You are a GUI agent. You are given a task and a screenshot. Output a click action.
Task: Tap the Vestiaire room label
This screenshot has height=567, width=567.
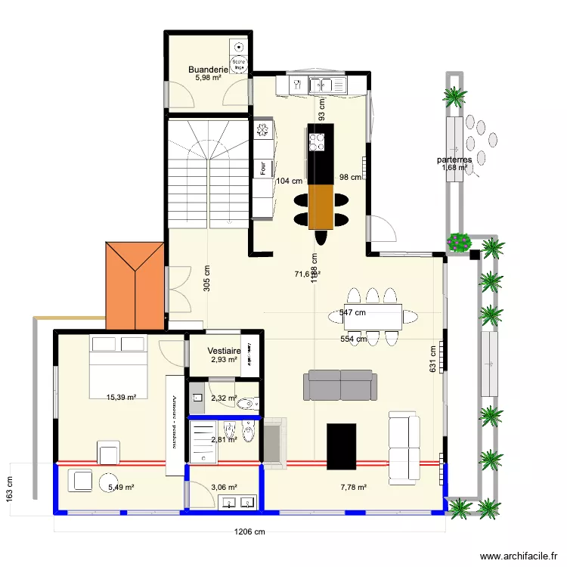(224, 352)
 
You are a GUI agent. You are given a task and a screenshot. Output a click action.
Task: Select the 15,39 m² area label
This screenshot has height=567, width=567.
(121, 397)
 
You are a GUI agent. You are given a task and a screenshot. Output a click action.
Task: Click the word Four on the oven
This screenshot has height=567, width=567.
(262, 168)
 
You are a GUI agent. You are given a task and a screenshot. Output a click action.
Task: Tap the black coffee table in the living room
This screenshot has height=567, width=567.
(341, 447)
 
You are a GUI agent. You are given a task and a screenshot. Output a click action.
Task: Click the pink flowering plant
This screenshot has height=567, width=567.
(459, 242)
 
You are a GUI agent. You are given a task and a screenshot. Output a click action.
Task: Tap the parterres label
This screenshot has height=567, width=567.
(454, 160)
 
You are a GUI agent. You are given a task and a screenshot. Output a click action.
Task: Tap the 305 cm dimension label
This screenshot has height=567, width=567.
(206, 279)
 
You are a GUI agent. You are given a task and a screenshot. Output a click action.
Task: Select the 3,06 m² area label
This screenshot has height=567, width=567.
(224, 488)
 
